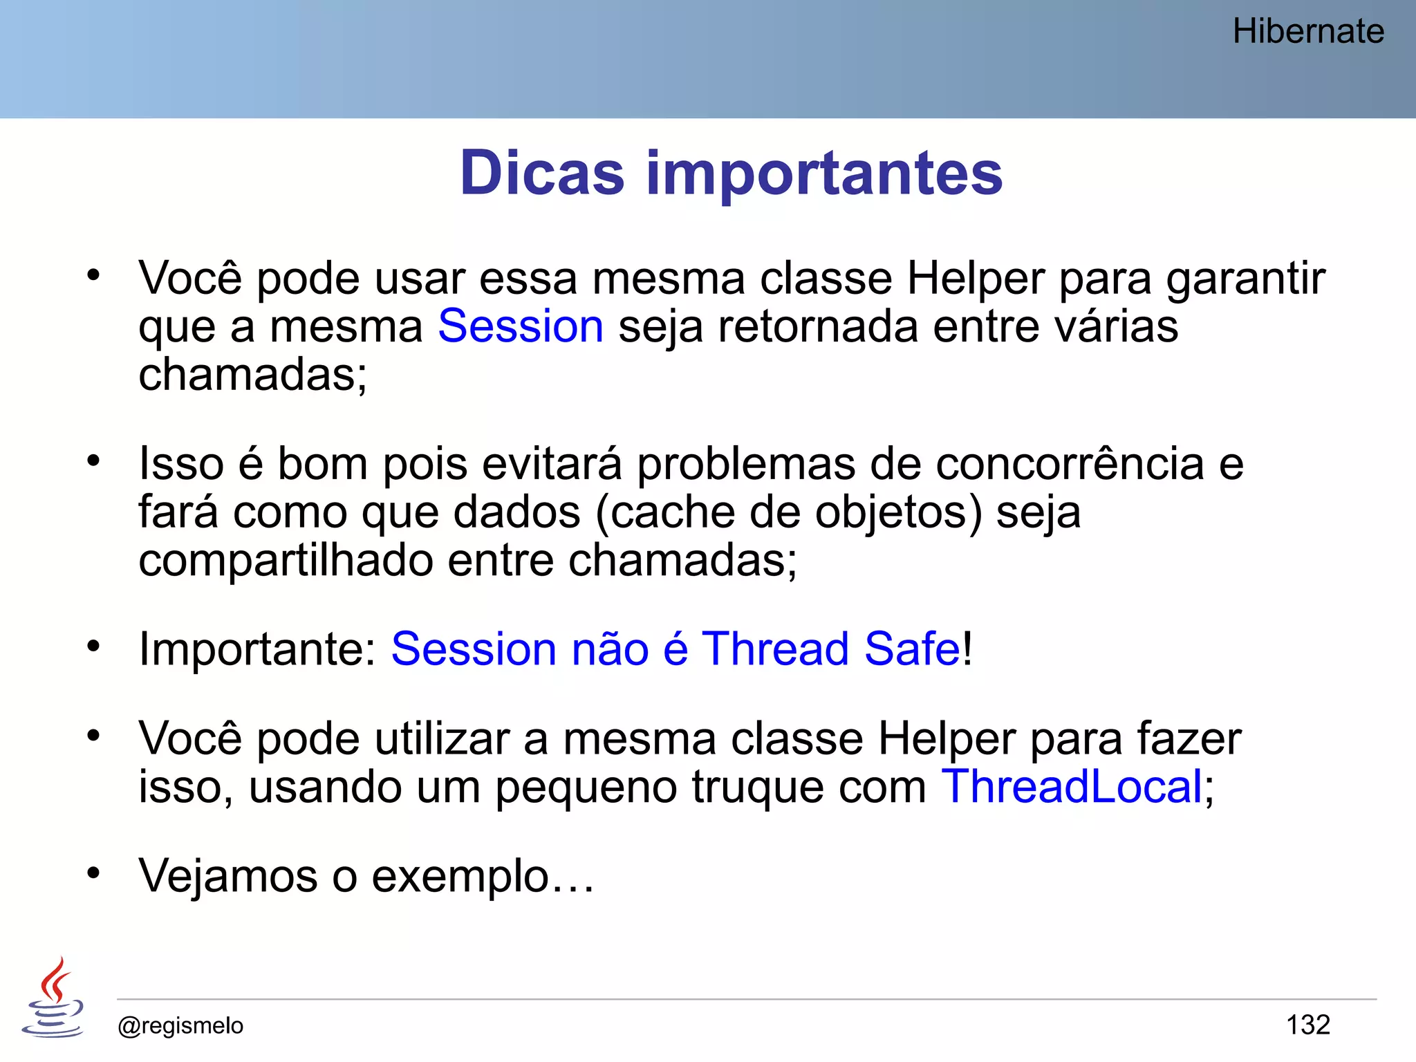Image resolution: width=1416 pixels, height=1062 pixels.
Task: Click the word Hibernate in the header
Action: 1308,31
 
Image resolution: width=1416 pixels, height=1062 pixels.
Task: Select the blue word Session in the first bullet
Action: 521,326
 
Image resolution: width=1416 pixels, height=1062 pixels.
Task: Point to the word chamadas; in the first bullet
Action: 252,374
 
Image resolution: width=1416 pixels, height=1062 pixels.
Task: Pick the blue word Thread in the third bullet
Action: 775,649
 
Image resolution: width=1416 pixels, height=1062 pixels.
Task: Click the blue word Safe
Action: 911,649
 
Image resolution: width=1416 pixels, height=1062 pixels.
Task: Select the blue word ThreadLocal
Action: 1072,786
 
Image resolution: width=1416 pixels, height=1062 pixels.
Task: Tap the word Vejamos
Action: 227,876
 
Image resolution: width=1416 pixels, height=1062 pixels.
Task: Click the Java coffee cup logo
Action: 53,998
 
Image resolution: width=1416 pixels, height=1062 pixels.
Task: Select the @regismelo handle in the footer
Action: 180,1025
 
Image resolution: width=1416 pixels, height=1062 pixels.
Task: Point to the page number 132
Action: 1307,1025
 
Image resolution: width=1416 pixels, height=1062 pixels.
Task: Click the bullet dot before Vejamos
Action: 93,873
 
